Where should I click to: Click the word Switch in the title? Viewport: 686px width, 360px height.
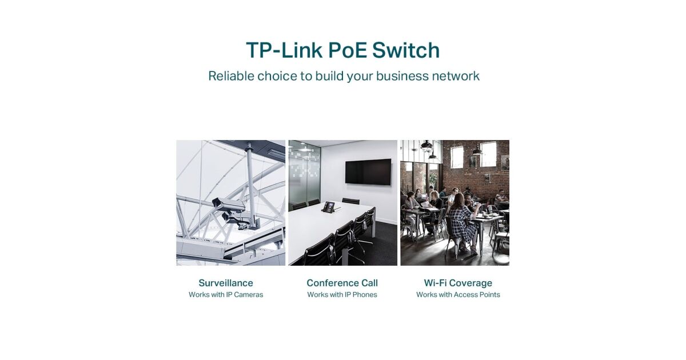[x=406, y=50]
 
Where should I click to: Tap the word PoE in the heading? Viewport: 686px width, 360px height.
[x=348, y=50]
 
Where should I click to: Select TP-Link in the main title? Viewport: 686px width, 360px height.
[x=284, y=50]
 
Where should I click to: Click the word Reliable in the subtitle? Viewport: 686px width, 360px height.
[x=231, y=76]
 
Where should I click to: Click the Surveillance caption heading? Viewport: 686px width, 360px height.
[x=226, y=283]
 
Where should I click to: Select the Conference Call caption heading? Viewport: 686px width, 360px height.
[x=342, y=283]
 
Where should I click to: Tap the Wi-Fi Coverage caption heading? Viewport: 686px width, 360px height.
[x=458, y=283]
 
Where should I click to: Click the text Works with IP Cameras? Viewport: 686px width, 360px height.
[x=226, y=295]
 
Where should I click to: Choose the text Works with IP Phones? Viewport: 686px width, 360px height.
[x=342, y=295]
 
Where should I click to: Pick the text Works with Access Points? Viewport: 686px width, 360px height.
[x=458, y=295]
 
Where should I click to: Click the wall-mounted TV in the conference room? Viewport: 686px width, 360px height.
[x=368, y=172]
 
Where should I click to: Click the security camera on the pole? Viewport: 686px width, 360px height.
[x=229, y=205]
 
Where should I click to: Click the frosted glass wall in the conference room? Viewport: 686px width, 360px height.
[x=304, y=174]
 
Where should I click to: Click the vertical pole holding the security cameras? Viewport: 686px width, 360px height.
[x=251, y=183]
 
